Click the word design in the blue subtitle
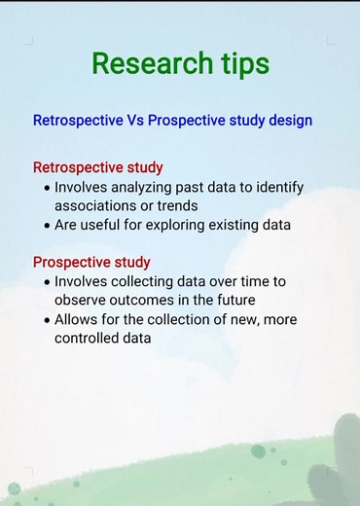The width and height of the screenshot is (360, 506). pos(287,121)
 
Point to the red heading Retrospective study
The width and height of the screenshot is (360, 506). pos(97,167)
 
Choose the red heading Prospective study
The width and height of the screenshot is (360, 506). pos(91,262)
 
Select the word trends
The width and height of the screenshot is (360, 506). pos(177,205)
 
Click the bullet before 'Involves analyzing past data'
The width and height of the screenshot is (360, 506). pos(46,187)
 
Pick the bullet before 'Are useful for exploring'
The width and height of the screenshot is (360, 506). pos(46,225)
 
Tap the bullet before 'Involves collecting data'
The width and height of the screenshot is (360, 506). pos(46,281)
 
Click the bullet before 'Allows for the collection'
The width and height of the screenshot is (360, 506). pos(46,319)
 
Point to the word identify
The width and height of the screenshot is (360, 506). pos(277,187)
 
